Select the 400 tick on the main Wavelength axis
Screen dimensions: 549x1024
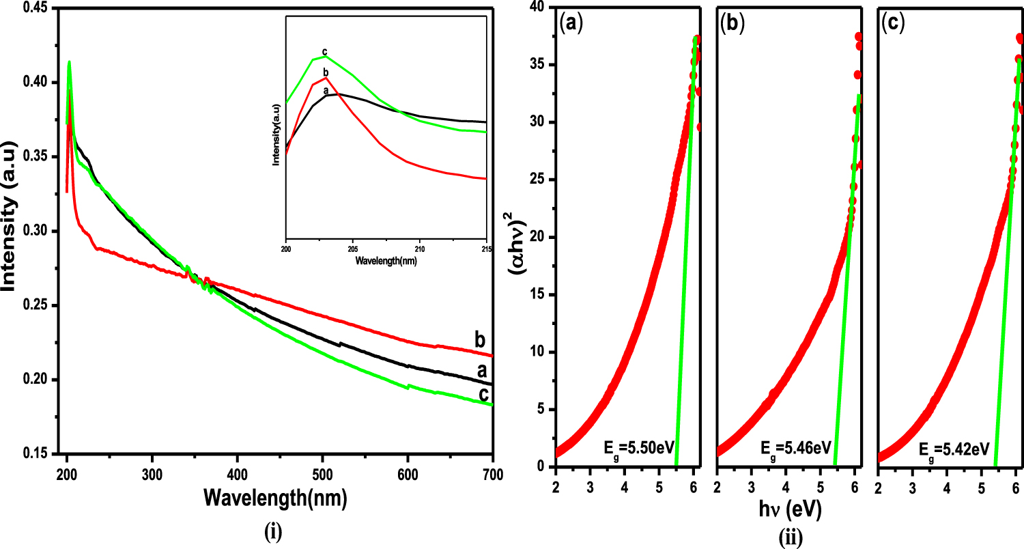click(237, 474)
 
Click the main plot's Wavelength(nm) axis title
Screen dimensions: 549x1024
click(275, 499)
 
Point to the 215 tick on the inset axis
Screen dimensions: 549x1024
click(486, 249)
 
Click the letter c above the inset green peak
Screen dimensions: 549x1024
click(324, 51)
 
